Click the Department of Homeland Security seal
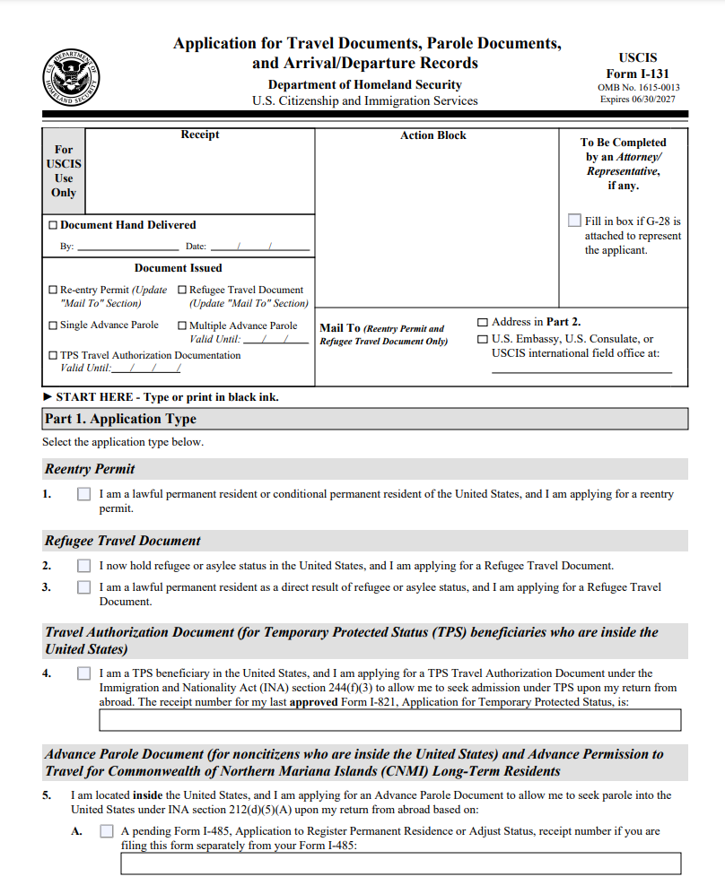coord(72,79)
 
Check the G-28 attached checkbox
coord(574,221)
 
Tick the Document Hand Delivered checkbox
coord(53,225)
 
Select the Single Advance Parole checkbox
coord(53,325)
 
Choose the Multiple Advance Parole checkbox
coord(182,326)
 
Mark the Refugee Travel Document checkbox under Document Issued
coord(182,291)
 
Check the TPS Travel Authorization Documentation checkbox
coord(53,355)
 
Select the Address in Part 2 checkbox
coord(484,322)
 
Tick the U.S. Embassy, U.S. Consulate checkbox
coord(484,340)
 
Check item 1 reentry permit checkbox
coord(84,494)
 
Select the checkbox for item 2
coord(84,566)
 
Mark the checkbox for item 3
coord(84,587)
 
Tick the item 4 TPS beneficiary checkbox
coord(84,673)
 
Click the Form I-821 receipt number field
coord(389,720)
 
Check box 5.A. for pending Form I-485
coord(107,831)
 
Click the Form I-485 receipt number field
coord(400,864)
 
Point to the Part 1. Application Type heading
coord(121,419)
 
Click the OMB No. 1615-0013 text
coord(638,88)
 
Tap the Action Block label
coord(433,135)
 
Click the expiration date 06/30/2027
coord(657,100)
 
